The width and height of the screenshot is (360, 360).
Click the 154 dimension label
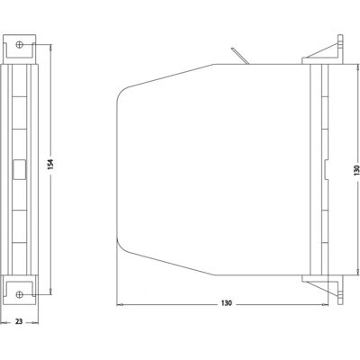(x=50, y=164)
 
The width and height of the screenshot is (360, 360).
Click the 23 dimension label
(x=19, y=321)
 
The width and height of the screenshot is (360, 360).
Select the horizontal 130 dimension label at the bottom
(x=227, y=303)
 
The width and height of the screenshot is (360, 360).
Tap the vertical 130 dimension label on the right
(x=356, y=170)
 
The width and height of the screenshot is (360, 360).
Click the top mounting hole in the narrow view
(x=20, y=45)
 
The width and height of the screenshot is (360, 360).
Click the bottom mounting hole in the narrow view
(x=20, y=294)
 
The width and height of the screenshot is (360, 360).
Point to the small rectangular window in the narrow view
(x=20, y=169)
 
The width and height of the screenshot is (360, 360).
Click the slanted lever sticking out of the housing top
(x=239, y=56)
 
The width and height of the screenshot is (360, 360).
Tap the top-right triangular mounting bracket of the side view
(x=325, y=51)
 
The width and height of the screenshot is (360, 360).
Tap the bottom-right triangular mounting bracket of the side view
(x=325, y=287)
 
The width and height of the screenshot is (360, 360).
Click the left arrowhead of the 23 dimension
(x=4, y=323)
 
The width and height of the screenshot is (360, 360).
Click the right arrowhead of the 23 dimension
(x=35, y=323)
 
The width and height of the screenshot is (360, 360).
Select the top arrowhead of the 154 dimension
(x=51, y=48)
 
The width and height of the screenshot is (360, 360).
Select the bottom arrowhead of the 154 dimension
(x=51, y=291)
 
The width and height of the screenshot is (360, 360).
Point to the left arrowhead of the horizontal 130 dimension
(x=120, y=305)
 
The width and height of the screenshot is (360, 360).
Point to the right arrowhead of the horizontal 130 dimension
(x=325, y=305)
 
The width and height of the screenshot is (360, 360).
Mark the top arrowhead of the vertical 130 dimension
(x=357, y=67)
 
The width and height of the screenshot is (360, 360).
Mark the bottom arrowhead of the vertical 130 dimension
(x=357, y=271)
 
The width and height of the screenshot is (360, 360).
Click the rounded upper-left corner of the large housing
(x=122, y=92)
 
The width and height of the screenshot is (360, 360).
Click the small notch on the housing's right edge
(x=327, y=170)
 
